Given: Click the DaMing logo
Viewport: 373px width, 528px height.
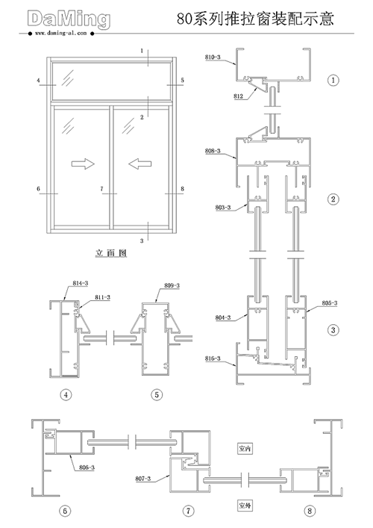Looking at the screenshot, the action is point(69,19).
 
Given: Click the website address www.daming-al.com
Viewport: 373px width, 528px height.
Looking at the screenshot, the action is point(60,34).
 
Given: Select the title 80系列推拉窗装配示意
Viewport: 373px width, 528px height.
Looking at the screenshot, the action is point(255,19).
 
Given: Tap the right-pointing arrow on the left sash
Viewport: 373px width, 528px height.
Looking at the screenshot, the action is point(83,164).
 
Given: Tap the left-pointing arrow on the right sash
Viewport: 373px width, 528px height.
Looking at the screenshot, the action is point(140,164).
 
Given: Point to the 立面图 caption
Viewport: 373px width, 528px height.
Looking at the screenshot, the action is point(110,253).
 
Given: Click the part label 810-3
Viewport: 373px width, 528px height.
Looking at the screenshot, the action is point(213,58).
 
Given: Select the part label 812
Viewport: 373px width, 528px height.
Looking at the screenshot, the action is point(238,96).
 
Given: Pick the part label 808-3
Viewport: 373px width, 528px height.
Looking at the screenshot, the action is point(213,151).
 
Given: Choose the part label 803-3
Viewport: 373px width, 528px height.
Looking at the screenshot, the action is point(223,208).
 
